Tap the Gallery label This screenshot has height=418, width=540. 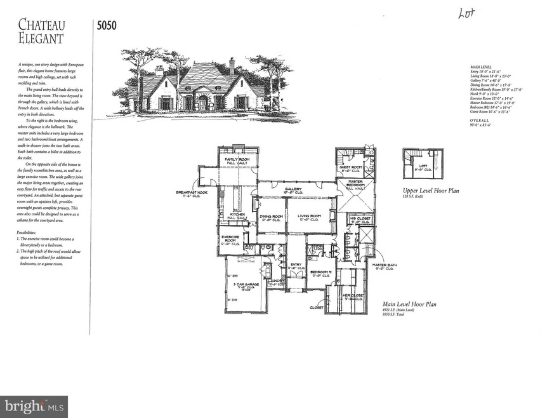293,190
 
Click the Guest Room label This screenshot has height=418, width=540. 352,169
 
